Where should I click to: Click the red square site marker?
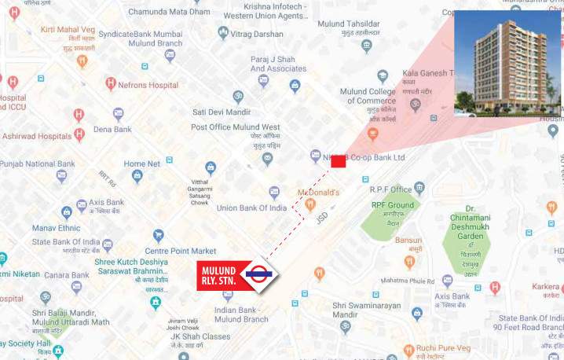(339, 161)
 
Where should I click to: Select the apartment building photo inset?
(507, 64)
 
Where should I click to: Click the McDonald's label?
(318, 193)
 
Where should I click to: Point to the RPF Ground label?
(393, 205)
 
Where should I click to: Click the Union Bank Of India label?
(251, 208)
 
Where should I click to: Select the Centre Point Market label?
(181, 251)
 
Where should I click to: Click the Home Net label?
(142, 163)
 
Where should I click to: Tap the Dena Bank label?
(112, 129)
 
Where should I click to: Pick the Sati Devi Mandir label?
(222, 112)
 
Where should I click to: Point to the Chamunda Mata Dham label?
(170, 12)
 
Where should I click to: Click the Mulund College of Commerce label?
(368, 96)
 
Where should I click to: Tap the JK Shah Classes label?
(200, 336)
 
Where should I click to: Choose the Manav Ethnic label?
(57, 228)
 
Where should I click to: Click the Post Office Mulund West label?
(235, 127)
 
